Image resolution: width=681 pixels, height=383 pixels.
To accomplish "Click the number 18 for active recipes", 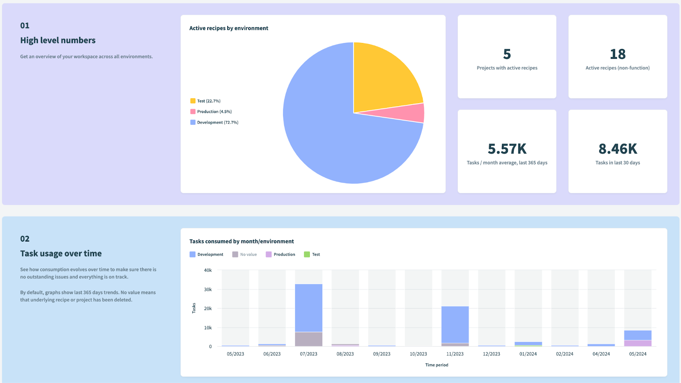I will click(x=618, y=54).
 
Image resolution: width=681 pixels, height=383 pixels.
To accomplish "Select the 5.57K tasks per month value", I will click(x=507, y=149).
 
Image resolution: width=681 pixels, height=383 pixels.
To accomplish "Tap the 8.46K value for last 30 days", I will click(x=618, y=149).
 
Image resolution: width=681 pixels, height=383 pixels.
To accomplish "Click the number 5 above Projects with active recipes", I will click(x=507, y=54).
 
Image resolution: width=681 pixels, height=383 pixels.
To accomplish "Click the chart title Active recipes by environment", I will click(x=229, y=28).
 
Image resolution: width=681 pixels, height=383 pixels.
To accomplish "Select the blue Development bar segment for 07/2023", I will click(x=309, y=308).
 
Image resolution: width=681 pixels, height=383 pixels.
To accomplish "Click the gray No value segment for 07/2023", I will click(x=309, y=339).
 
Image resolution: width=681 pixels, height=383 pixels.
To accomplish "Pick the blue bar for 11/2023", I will click(x=455, y=324).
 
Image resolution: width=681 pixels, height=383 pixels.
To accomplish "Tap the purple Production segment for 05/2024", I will click(x=638, y=343).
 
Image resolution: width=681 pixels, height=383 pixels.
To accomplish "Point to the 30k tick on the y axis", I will click(x=208, y=289).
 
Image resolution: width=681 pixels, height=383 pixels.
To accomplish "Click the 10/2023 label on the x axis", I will click(x=418, y=354).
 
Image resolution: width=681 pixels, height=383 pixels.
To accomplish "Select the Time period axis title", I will click(x=437, y=365).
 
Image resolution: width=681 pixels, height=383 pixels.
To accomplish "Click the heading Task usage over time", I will click(x=61, y=253).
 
